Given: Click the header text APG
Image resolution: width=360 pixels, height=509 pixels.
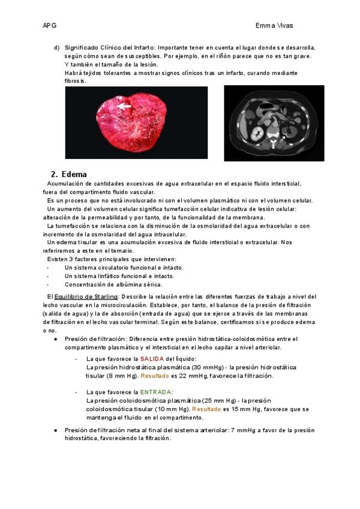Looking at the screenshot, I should pyautogui.click(x=49, y=26).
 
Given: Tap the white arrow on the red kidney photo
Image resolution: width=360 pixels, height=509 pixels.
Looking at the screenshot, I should pyautogui.click(x=125, y=106).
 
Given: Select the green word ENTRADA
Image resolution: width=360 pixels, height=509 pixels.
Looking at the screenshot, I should pyautogui.click(x=157, y=392).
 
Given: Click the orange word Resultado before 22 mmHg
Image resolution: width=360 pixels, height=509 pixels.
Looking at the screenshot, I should pyautogui.click(x=155, y=376).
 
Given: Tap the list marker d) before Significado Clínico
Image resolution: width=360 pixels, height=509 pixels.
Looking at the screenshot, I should pyautogui.click(x=56, y=47).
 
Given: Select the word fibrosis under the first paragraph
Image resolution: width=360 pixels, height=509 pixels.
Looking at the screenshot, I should pyautogui.click(x=75, y=80).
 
